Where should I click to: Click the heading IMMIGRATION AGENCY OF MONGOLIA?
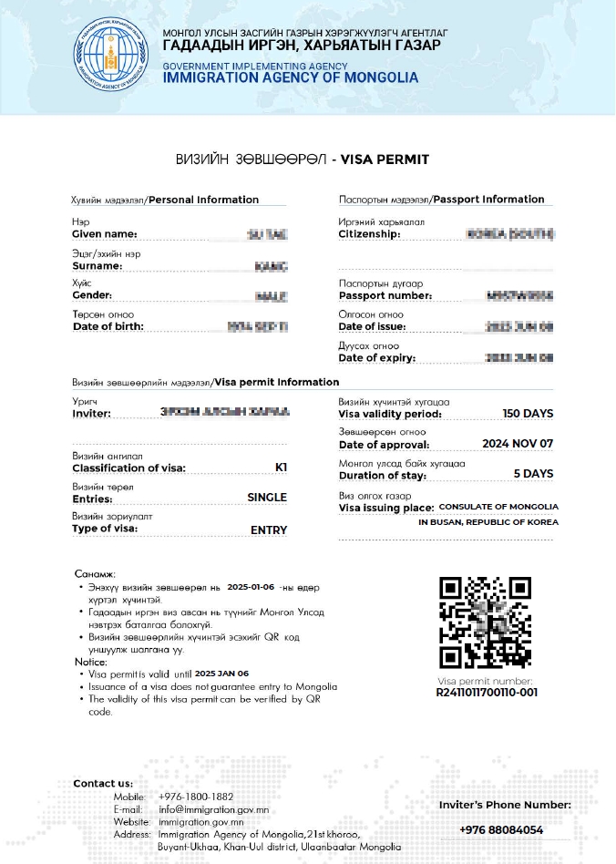coord(291,77)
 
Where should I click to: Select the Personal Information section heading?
coord(203,200)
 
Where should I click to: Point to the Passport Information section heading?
coord(488,199)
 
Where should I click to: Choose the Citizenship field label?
coord(369,234)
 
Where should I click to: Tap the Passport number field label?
coord(385,295)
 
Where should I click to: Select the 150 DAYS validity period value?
coord(528,414)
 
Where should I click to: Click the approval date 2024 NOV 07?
coord(518,444)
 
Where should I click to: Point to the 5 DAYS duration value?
coord(533,474)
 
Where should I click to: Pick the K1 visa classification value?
coord(281,468)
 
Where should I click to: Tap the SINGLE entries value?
coord(267,498)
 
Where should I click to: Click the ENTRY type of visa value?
coord(269,530)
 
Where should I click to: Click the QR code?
coord(485,622)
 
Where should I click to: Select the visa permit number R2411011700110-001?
coord(486,693)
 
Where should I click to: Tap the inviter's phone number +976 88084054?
coord(501,830)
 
